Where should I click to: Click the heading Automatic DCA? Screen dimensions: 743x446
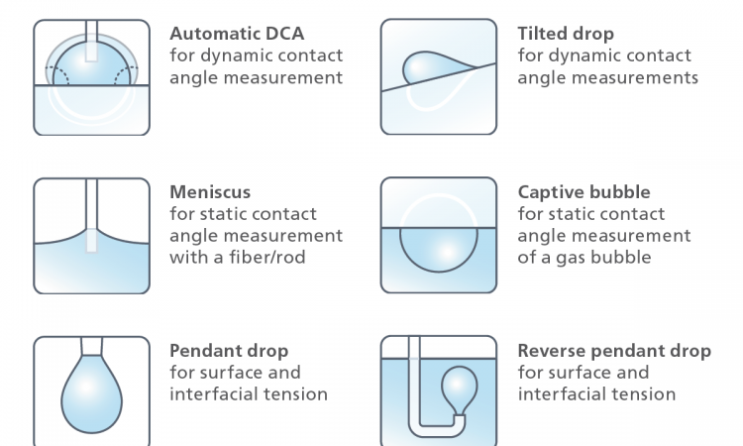click(x=237, y=34)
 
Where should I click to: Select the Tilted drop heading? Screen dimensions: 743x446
click(x=566, y=34)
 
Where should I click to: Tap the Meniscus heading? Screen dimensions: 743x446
click(x=210, y=192)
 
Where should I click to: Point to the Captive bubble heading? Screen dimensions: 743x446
click(x=584, y=192)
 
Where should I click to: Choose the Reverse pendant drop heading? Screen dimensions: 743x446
click(x=614, y=351)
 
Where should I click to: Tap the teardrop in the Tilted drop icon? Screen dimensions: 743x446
click(x=438, y=67)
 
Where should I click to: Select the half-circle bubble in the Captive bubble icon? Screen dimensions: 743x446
click(x=439, y=250)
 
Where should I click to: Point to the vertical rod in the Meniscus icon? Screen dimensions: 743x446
click(x=91, y=216)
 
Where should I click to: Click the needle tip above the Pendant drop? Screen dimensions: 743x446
click(x=91, y=346)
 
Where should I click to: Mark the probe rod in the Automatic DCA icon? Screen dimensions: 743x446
click(x=91, y=41)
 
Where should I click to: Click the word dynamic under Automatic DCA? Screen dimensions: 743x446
click(x=236, y=56)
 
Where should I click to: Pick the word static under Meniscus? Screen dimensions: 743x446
click(x=223, y=214)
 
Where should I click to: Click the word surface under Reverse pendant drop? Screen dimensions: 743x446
click(x=581, y=373)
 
